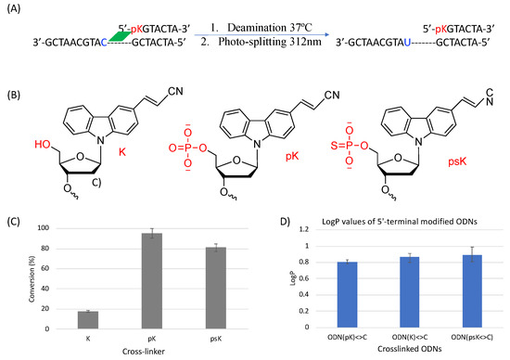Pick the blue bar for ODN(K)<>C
point(396,293)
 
